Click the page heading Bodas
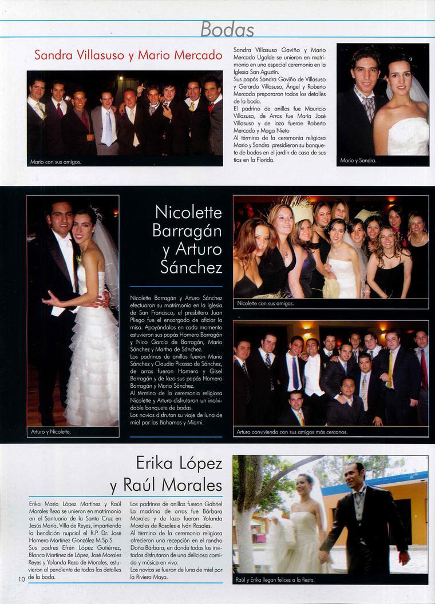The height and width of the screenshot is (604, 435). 227,29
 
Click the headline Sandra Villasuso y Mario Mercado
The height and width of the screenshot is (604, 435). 128,55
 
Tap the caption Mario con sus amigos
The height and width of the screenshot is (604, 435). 56,162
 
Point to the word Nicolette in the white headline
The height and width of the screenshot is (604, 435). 188,213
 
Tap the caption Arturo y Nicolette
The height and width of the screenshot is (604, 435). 51,432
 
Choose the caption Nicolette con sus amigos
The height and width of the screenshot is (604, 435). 265,303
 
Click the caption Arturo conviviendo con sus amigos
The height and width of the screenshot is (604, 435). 292,432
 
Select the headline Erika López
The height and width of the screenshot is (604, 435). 179,462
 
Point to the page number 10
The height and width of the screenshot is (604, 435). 21,579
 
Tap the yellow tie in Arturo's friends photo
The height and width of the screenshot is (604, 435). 391,369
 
